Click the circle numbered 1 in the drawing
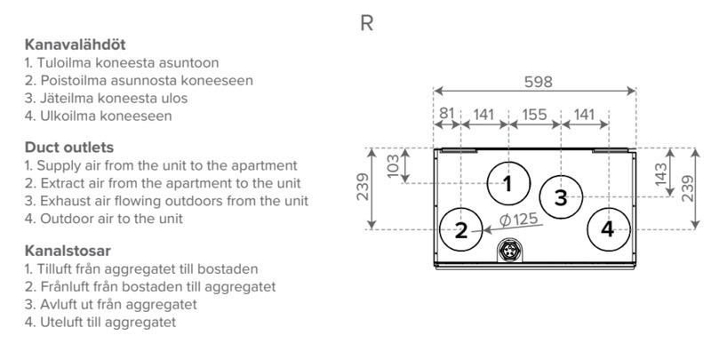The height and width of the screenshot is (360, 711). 507,184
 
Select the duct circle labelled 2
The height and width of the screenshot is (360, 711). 461,230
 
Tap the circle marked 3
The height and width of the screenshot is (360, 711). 561,197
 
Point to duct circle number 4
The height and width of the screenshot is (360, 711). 607,229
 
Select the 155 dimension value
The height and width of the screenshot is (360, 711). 533,113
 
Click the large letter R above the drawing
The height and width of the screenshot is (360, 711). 366,23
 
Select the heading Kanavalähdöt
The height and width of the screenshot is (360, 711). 68,44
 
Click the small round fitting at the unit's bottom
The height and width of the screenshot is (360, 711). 509,252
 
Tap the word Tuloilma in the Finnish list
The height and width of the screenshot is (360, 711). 64,63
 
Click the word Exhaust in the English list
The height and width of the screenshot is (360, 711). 61,200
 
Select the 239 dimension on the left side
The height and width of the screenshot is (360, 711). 365,188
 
